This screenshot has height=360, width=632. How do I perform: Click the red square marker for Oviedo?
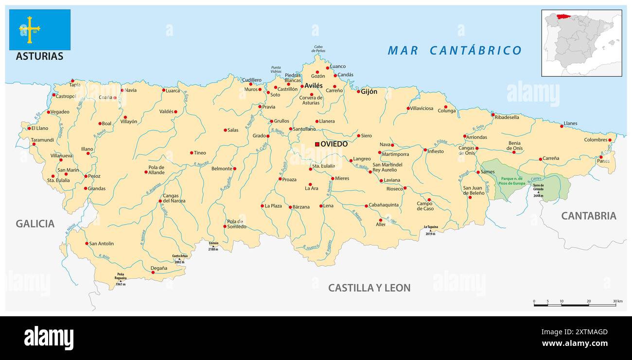tap(317, 144)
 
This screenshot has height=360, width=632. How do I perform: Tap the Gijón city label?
tap(369, 91)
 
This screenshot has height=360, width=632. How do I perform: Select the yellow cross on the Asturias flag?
tap(30, 29)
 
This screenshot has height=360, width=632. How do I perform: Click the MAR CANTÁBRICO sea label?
tap(455, 51)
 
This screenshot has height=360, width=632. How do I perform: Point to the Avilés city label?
tap(314, 86)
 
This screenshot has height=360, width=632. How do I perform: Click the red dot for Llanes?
tap(562, 126)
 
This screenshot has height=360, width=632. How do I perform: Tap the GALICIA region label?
tap(35, 223)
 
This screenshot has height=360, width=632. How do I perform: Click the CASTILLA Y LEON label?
tap(369, 288)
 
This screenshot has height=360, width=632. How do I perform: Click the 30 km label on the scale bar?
tap(617, 301)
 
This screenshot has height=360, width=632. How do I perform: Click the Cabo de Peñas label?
tap(318, 49)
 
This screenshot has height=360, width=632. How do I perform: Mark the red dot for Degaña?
tap(153, 273)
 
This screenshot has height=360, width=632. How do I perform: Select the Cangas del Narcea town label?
tap(174, 198)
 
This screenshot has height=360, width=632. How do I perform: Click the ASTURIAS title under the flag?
tap(39, 56)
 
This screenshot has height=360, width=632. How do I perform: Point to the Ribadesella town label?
tap(507, 117)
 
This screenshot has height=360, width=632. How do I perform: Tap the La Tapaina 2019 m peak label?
tap(431, 230)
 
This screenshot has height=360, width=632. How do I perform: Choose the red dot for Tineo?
tap(192, 153)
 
